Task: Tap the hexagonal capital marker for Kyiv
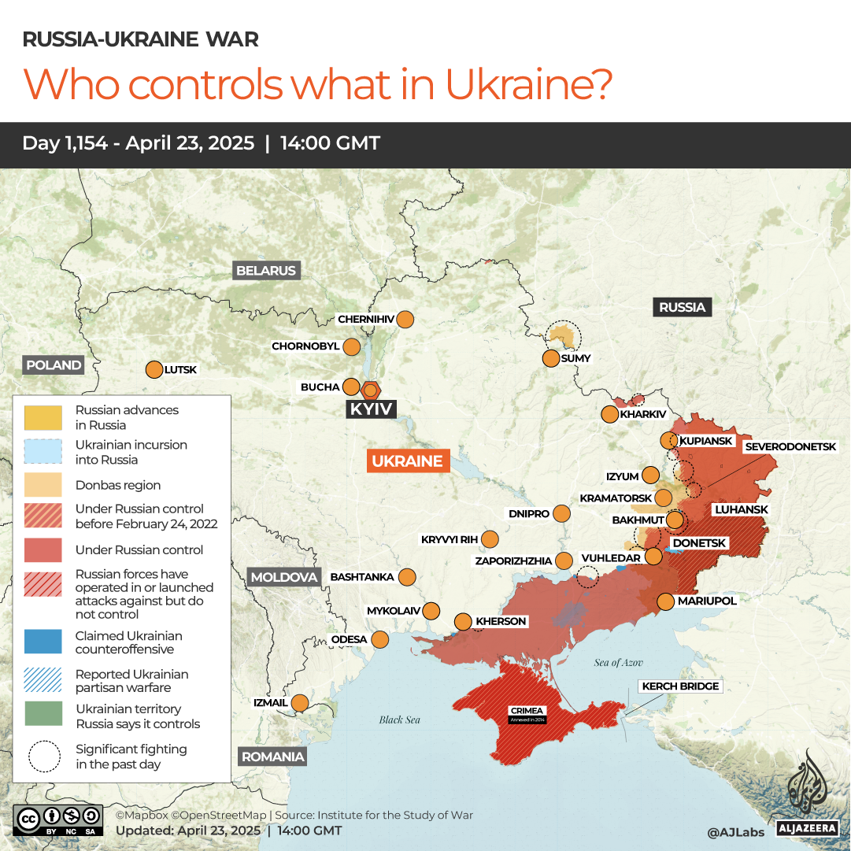[371, 389]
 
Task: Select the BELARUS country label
[266, 271]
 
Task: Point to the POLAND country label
[54, 365]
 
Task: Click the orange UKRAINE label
[408, 461]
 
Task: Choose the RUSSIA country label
[682, 307]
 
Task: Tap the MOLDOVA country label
[284, 577]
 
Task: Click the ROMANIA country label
[272, 757]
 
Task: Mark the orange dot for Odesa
[380, 639]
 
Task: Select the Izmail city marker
[300, 702]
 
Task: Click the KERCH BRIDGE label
[680, 686]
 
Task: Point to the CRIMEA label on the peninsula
[525, 712]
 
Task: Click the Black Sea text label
[400, 720]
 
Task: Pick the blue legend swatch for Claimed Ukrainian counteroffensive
[43, 642]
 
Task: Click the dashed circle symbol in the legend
[43, 757]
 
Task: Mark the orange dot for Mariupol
[665, 601]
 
